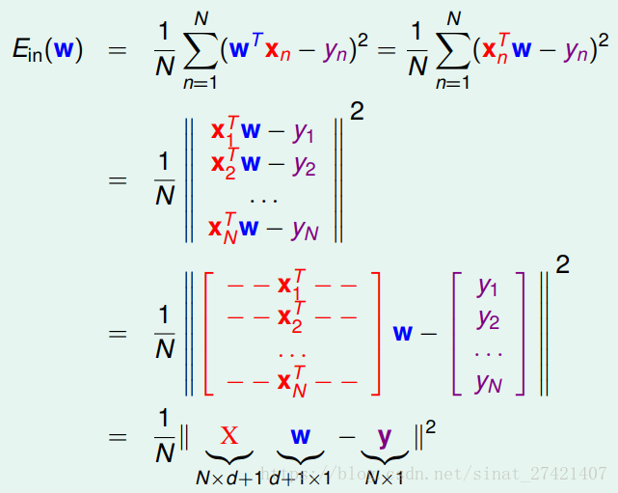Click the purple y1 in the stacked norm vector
(x=304, y=132)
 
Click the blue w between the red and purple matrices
(x=403, y=332)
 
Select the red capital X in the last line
(x=229, y=436)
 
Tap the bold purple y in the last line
(x=384, y=436)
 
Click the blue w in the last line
(x=301, y=436)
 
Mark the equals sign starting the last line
(x=118, y=437)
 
